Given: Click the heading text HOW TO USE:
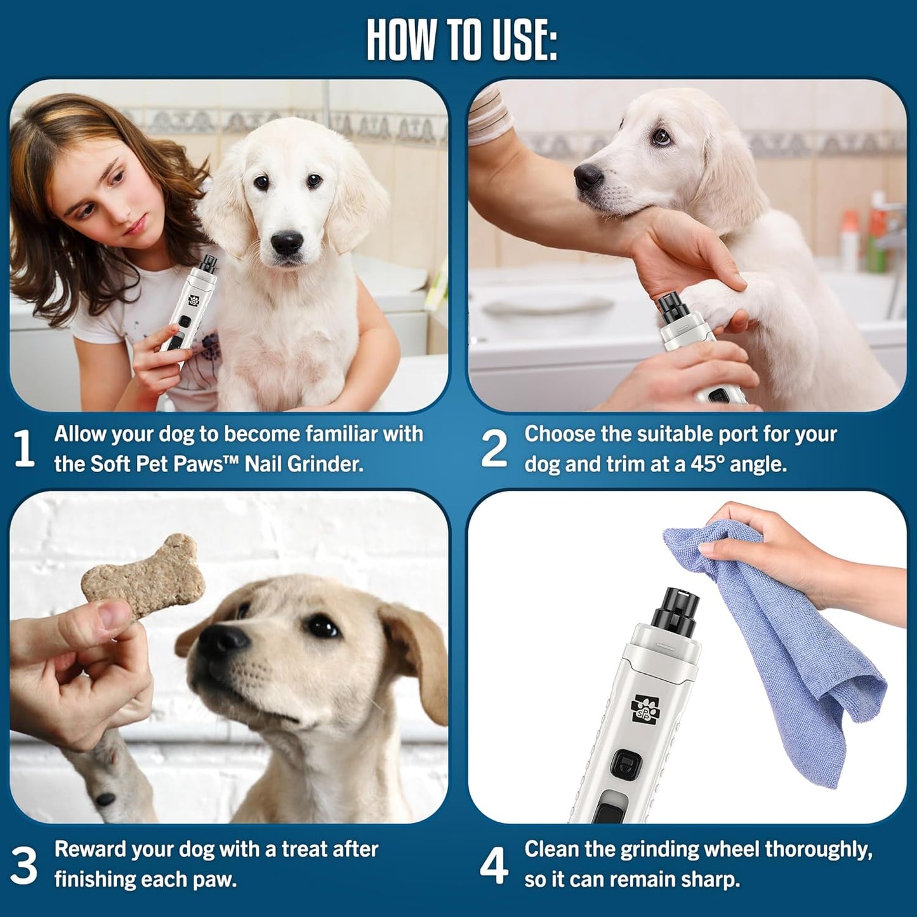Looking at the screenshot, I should [x=461, y=41].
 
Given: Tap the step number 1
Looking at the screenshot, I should [x=24, y=449].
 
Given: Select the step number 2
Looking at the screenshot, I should [x=494, y=449].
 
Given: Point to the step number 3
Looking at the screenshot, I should [x=24, y=864].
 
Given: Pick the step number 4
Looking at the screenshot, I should [x=494, y=864].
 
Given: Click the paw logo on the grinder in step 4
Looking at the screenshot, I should [x=645, y=708].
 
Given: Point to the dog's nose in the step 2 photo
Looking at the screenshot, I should [x=588, y=176].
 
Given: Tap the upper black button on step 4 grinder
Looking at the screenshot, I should [x=625, y=765].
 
